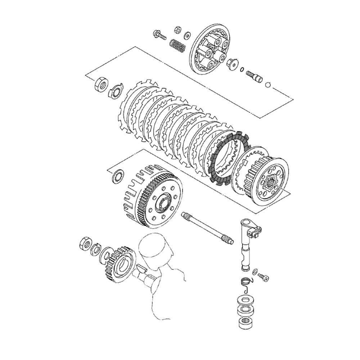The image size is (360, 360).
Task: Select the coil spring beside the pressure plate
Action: pos(177,45)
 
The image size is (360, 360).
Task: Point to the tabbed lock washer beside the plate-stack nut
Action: pos(116,91)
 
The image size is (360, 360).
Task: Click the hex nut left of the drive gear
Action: pos(85,244)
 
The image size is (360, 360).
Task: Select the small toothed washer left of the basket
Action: pos(118,177)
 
